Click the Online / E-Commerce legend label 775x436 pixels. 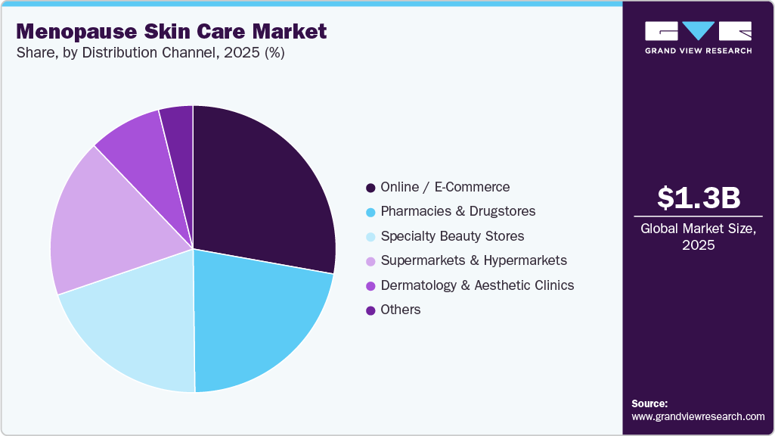(x=445, y=187)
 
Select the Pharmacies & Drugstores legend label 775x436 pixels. (x=457, y=211)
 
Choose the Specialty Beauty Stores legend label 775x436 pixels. (x=452, y=236)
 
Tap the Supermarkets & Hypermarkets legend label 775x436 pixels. (x=473, y=260)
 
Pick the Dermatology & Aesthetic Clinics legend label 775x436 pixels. (x=477, y=285)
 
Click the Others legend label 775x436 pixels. (x=401, y=310)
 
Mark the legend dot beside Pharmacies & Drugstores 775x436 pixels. (x=370, y=212)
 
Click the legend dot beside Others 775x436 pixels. (x=370, y=310)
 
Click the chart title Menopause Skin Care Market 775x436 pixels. (x=171, y=32)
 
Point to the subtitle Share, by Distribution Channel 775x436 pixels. (x=150, y=54)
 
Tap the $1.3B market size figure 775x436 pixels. (x=699, y=198)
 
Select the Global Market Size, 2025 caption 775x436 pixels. (x=699, y=236)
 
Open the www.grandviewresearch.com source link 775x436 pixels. (x=699, y=416)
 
